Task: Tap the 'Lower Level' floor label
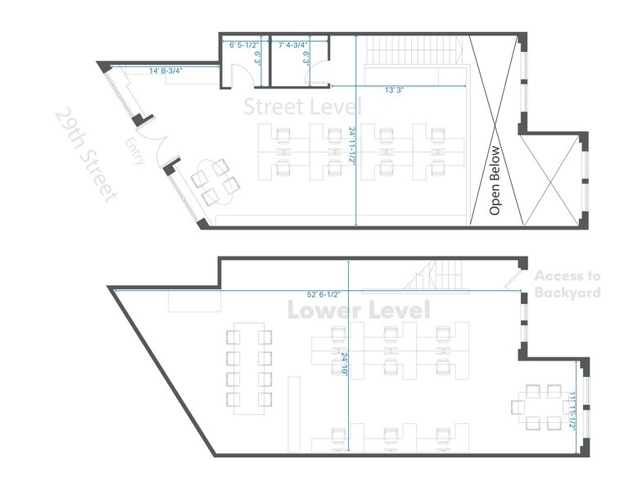[x=358, y=311]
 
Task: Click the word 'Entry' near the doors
[x=136, y=152]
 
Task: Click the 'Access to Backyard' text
[x=567, y=284]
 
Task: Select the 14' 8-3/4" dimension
[x=165, y=71]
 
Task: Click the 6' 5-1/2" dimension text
[x=244, y=44]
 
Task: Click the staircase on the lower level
[x=438, y=275]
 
